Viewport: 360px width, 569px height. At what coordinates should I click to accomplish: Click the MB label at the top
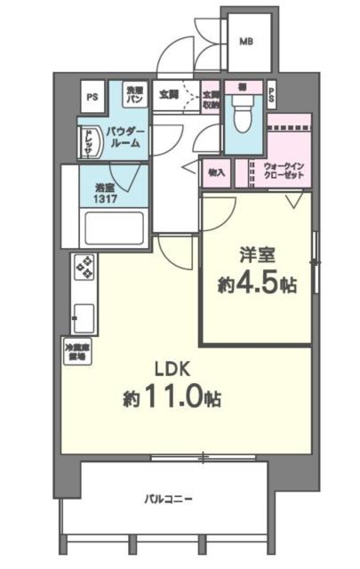pos(244,40)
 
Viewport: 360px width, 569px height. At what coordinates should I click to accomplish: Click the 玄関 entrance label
pos(168,92)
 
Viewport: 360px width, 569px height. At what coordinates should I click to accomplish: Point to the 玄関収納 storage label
pos(211,97)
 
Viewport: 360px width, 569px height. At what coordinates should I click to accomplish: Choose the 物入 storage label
pos(216,171)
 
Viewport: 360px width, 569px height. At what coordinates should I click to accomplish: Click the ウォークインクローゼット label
pos(284,171)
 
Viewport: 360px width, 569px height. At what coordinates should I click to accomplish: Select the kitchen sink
pos(85,315)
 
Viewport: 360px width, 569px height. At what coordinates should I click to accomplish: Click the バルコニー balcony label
pos(170,498)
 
